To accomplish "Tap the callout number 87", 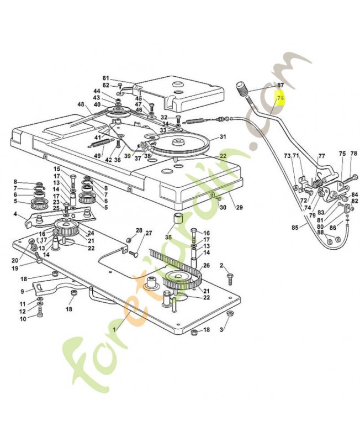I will coord(280,85).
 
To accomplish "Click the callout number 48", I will coord(81,104).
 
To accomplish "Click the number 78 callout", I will coord(354,153).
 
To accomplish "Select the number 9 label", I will coord(23,291).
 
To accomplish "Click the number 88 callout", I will coord(321,232).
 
